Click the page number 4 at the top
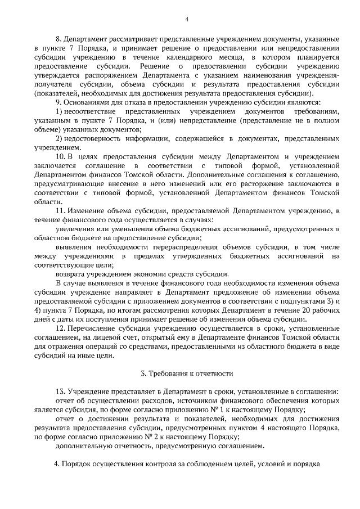(x=186, y=20)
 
